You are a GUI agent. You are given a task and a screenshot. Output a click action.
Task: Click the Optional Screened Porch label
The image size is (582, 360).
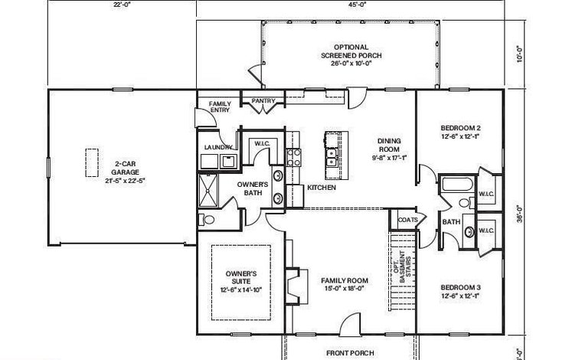(x=351, y=51)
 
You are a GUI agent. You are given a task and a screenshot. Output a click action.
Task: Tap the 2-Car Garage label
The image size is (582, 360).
(x=125, y=168)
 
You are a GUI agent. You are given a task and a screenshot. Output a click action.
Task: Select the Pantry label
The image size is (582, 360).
(x=263, y=101)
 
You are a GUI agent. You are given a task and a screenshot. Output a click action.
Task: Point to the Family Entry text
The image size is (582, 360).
(x=220, y=107)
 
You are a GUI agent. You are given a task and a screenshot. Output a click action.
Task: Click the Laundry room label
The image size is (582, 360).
(x=218, y=147)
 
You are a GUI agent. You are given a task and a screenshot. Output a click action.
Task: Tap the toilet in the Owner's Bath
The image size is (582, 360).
(x=207, y=220)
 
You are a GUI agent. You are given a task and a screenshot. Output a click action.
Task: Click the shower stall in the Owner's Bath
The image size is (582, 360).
(x=208, y=191)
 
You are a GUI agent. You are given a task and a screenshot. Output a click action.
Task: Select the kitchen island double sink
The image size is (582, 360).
(x=331, y=157)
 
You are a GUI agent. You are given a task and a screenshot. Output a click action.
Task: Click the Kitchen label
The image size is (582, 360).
(x=322, y=188)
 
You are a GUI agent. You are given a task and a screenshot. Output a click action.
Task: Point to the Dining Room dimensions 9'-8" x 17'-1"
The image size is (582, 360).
(x=389, y=158)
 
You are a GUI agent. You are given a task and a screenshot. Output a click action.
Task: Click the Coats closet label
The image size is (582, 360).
(x=407, y=220)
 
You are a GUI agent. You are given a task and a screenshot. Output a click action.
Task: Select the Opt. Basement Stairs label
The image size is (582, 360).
(x=403, y=267)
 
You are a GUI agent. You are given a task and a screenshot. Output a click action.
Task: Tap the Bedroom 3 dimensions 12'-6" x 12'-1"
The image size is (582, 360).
(x=460, y=296)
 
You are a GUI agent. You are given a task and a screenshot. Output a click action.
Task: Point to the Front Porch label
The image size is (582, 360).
(x=350, y=353)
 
